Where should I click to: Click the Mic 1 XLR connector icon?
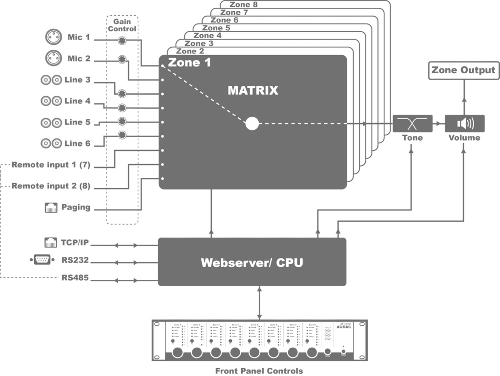(x=53, y=37)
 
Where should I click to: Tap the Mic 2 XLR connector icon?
(x=53, y=59)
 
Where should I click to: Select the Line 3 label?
(x=77, y=80)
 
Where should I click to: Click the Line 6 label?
(x=77, y=143)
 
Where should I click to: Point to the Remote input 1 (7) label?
(x=51, y=165)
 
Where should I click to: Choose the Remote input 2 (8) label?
(x=51, y=186)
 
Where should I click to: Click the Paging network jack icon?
(x=51, y=207)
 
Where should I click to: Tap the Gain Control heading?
(x=122, y=25)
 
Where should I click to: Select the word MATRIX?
(x=252, y=90)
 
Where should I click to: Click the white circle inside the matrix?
(x=252, y=124)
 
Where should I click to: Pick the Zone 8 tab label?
(x=244, y=5)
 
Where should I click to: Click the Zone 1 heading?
(x=189, y=63)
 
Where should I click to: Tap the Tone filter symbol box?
(x=413, y=124)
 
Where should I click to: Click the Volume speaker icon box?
(x=464, y=124)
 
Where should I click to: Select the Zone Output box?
(x=463, y=70)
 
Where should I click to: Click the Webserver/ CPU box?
(x=252, y=263)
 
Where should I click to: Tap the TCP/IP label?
(x=75, y=241)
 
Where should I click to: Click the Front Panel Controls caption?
(x=259, y=371)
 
